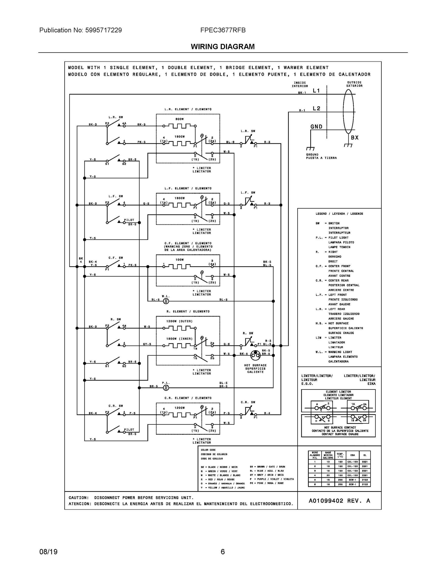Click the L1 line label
click(x=316, y=91)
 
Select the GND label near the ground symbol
click(x=316, y=126)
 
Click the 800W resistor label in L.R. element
click(x=179, y=119)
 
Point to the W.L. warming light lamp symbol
click(x=166, y=301)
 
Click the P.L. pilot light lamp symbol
click(x=166, y=388)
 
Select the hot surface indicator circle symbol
click(x=255, y=355)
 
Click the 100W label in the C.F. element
click(x=179, y=260)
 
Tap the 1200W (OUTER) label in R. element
click(x=179, y=321)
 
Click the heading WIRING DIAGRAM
click(x=222, y=47)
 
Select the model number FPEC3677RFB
click(x=223, y=30)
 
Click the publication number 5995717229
click(x=103, y=30)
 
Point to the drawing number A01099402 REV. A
click(x=339, y=501)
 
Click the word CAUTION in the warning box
click(x=78, y=498)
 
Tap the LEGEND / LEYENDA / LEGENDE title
click(x=339, y=214)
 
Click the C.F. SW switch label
click(x=115, y=258)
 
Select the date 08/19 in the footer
click(x=48, y=552)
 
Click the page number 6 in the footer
click(x=222, y=552)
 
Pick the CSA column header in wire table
click(x=352, y=455)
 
